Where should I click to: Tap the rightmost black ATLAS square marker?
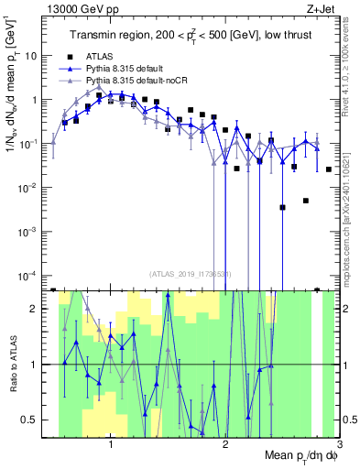(x=329, y=169)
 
